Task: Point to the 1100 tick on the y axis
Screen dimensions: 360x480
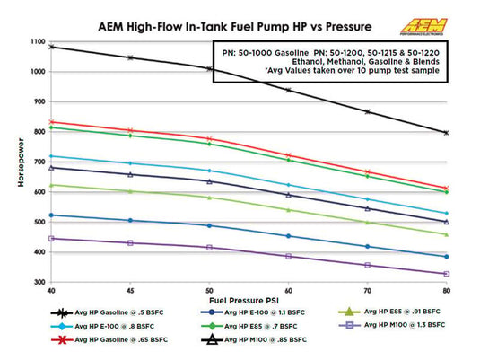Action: pyautogui.click(x=35, y=42)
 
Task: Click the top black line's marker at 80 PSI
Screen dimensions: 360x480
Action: pyautogui.click(x=446, y=132)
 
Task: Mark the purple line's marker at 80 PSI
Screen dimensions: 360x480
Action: pyautogui.click(x=446, y=274)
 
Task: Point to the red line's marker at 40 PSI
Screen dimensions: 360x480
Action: pyautogui.click(x=52, y=122)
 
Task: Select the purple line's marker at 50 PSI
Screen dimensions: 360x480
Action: pyautogui.click(x=210, y=247)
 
